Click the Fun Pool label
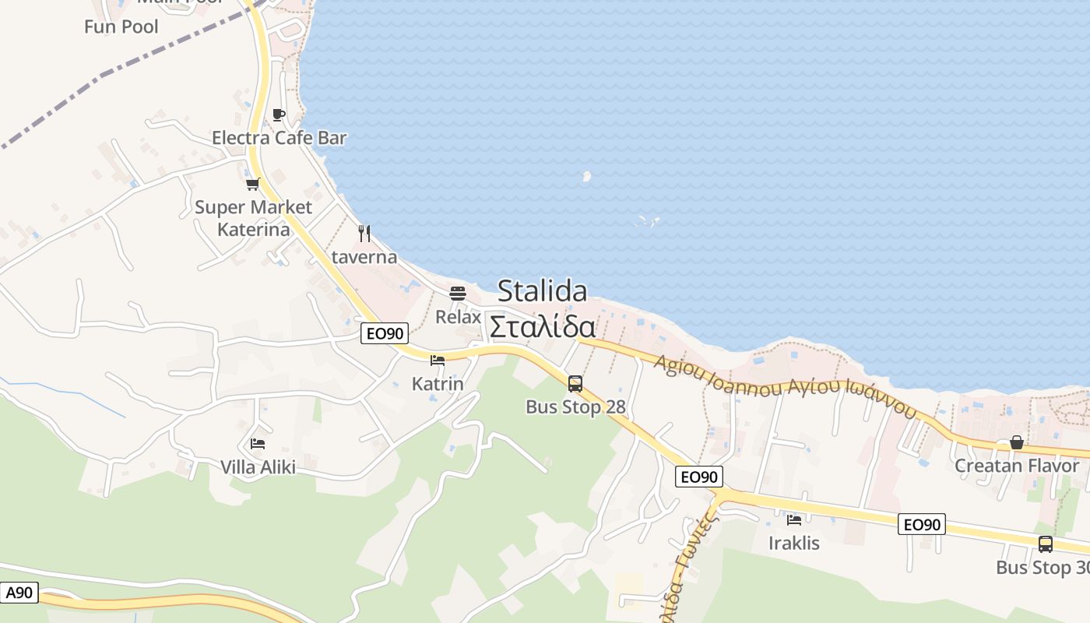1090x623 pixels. coord(121,26)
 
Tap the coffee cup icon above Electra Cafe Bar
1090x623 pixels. coord(278,115)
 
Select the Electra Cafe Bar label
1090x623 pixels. coord(279,138)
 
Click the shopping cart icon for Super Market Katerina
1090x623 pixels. coord(252,185)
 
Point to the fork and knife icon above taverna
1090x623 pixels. coord(364,233)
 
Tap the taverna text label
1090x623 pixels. coord(364,257)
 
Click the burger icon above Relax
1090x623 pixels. coord(458,294)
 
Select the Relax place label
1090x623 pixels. coord(458,317)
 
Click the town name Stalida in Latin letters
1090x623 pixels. coord(542,291)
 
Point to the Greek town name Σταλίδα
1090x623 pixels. coord(542,327)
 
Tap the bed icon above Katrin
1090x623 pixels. coord(438,361)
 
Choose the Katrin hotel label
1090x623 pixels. coord(438,384)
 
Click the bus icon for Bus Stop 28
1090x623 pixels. coord(575,383)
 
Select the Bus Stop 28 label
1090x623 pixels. coord(575,407)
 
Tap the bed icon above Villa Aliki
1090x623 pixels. coord(258,444)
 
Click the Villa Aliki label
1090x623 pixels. coord(258,467)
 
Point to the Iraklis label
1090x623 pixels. coord(794,543)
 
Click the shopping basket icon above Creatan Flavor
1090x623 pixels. coord(1017,442)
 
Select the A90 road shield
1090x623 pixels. coord(19,593)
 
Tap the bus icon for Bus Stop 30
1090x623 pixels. coord(1045,544)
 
